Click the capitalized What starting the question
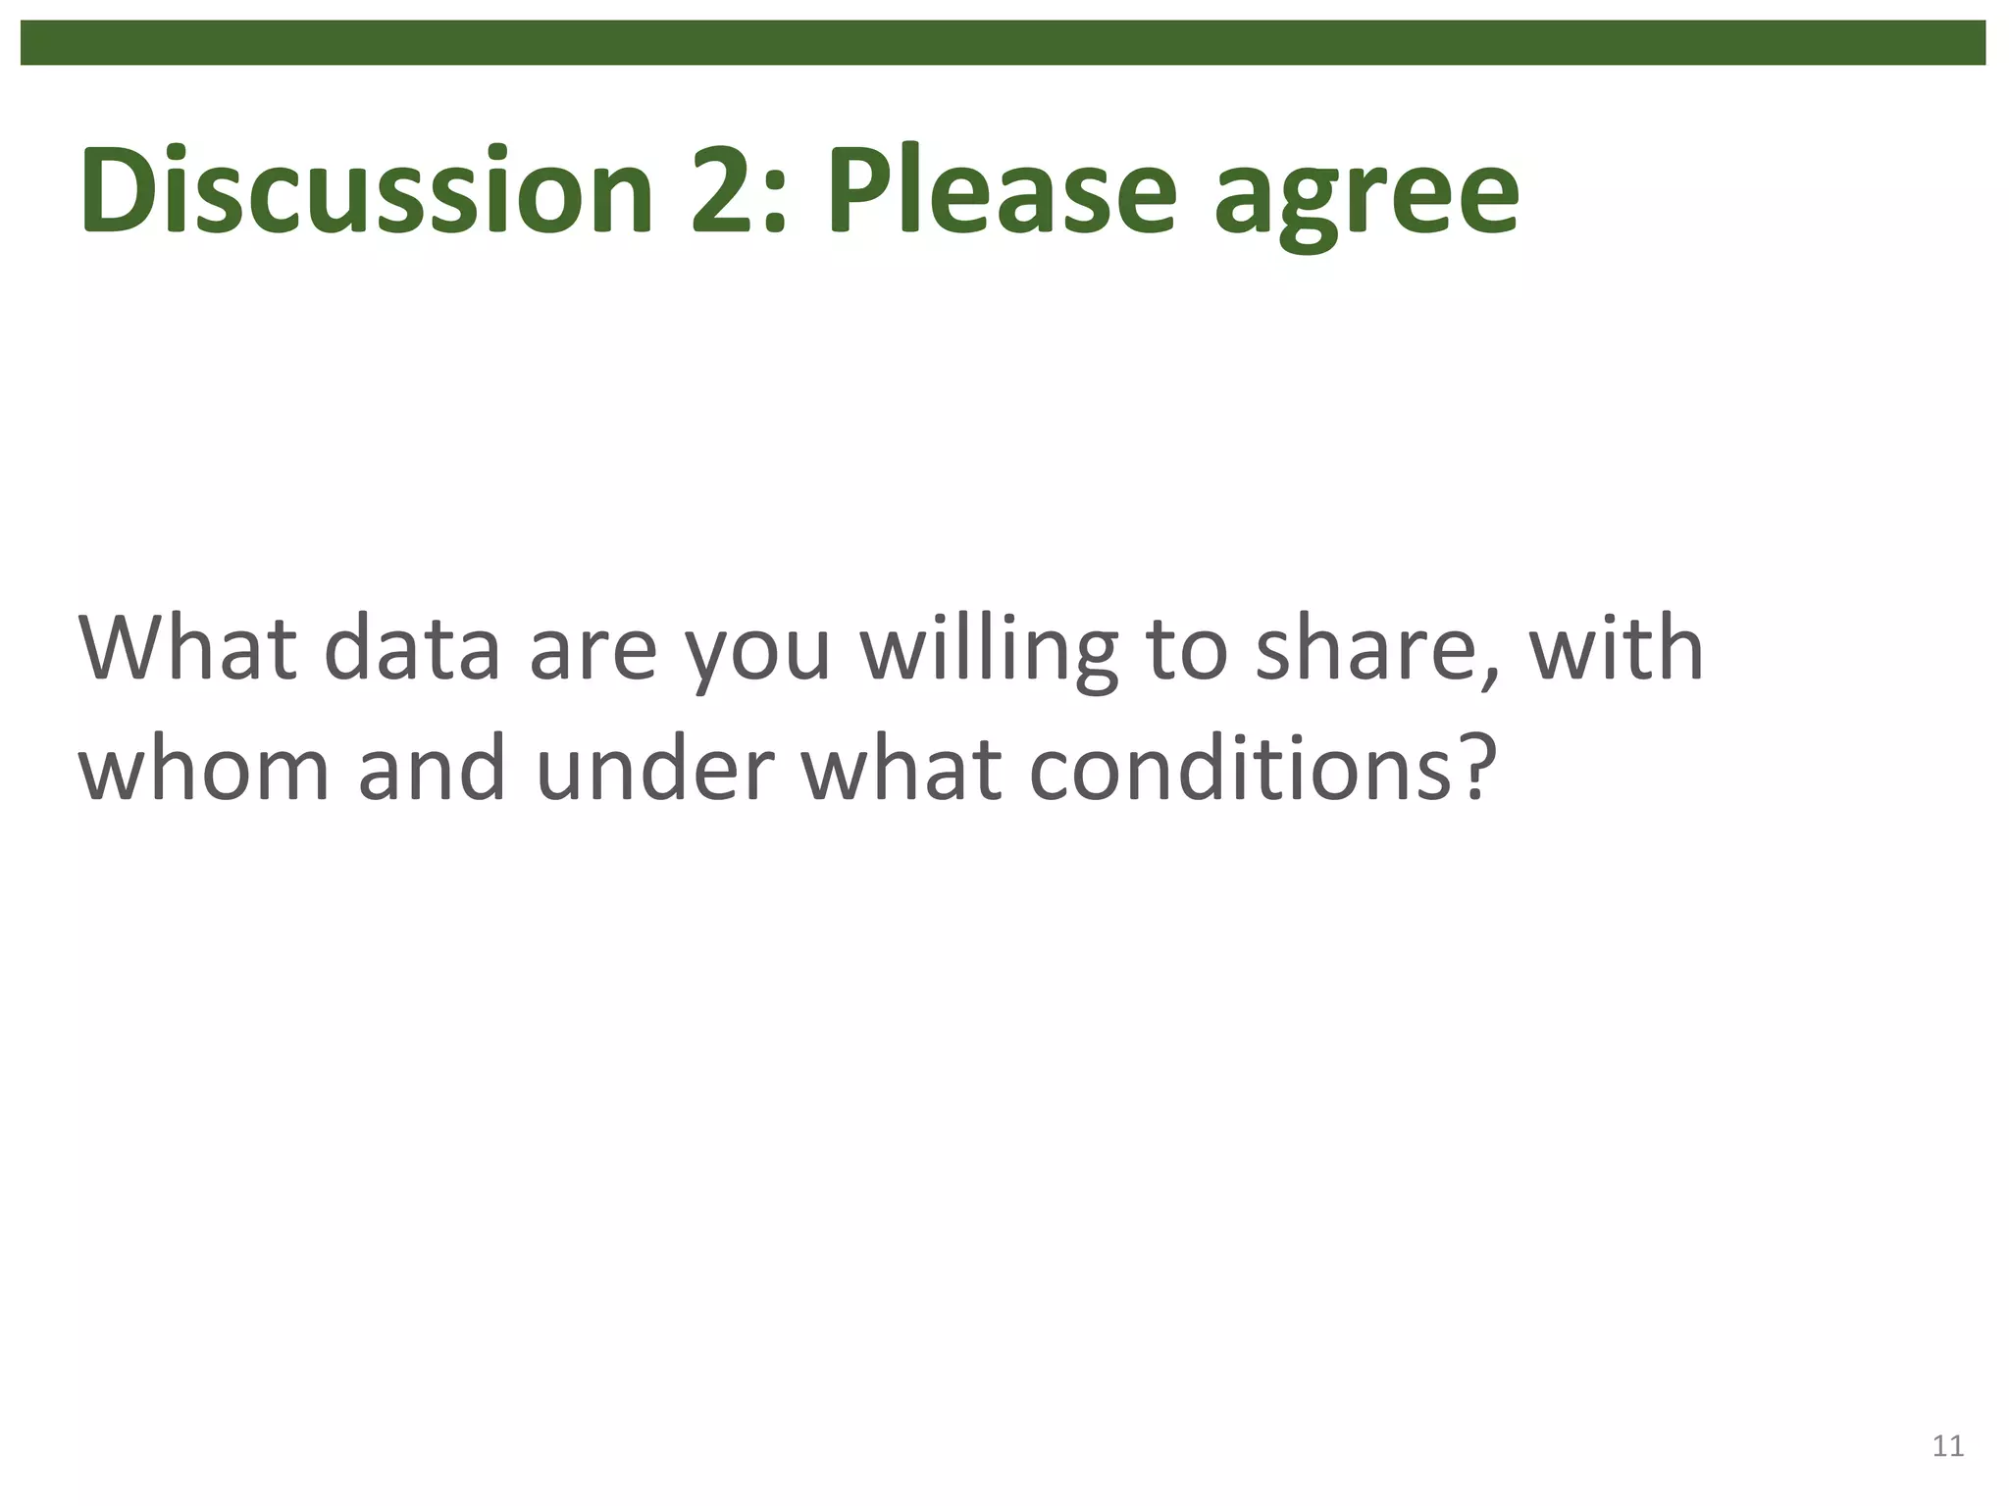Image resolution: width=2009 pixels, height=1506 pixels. point(186,648)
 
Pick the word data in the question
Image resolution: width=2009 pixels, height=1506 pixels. point(412,648)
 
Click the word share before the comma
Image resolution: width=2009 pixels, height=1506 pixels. point(1374,648)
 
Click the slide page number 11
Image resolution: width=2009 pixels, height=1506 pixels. point(1947,1446)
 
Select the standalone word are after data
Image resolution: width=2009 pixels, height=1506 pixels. point(592,656)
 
